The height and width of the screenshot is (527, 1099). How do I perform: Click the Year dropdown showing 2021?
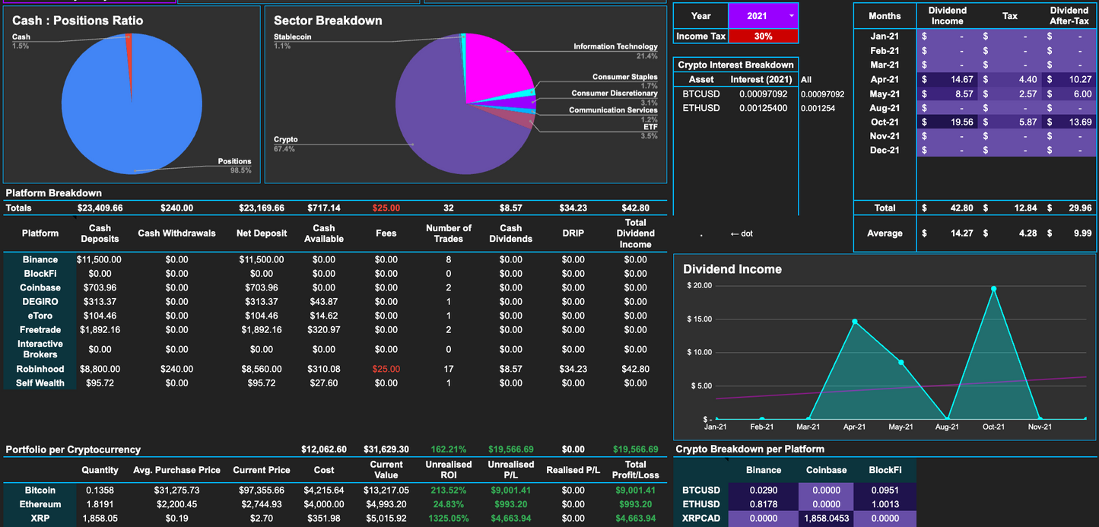763,16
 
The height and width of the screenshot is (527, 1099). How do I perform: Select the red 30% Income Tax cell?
763,36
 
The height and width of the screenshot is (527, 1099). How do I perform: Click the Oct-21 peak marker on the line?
993,288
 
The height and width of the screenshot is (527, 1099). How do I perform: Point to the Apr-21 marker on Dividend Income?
855,322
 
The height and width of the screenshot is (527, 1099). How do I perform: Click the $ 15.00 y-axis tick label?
699,319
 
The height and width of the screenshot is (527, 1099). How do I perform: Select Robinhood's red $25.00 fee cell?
386,369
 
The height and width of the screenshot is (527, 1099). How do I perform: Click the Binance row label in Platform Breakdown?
40,259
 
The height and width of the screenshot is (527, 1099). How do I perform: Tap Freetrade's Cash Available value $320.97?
323,329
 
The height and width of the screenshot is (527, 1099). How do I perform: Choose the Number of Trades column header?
448,233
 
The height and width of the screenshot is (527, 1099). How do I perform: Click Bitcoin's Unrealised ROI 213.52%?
448,490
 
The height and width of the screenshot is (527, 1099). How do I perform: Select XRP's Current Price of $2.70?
261,519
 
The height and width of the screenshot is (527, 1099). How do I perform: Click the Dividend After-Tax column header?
1069,16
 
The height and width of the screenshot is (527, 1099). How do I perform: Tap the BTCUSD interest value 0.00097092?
763,94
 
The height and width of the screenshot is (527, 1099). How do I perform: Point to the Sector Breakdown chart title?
328,21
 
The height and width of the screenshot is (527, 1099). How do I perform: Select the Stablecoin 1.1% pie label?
293,41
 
